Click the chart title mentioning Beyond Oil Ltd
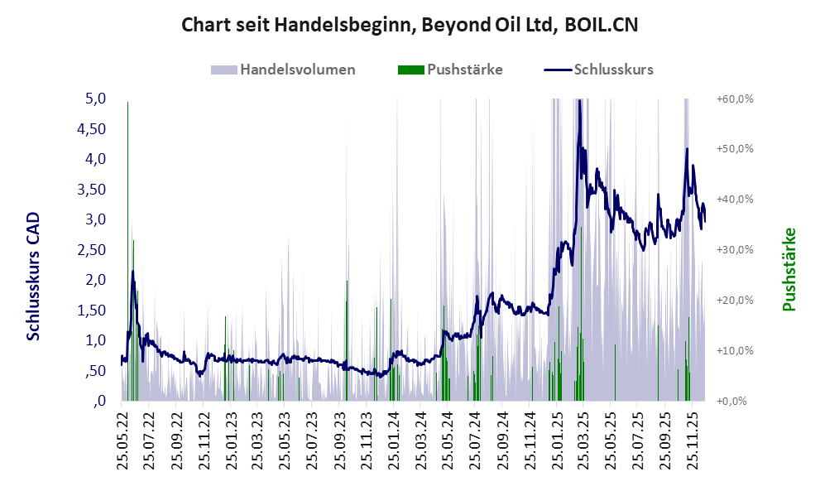410,26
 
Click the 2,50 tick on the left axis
92,250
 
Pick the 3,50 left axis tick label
92,190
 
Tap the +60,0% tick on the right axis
734,99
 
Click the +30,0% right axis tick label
734,250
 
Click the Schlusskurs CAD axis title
33,275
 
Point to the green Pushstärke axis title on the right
788,270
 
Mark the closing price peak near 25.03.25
579,102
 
